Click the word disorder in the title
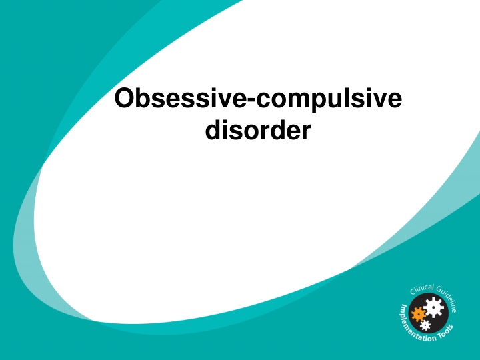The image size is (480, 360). (x=258, y=130)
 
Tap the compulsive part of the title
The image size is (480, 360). (x=329, y=99)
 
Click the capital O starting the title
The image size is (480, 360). (x=124, y=98)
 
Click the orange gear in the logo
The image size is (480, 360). (x=419, y=314)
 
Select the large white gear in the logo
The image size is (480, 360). (x=434, y=307)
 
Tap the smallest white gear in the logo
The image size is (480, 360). (x=425, y=325)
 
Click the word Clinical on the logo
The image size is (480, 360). (x=422, y=289)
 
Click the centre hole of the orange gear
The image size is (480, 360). (x=419, y=314)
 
